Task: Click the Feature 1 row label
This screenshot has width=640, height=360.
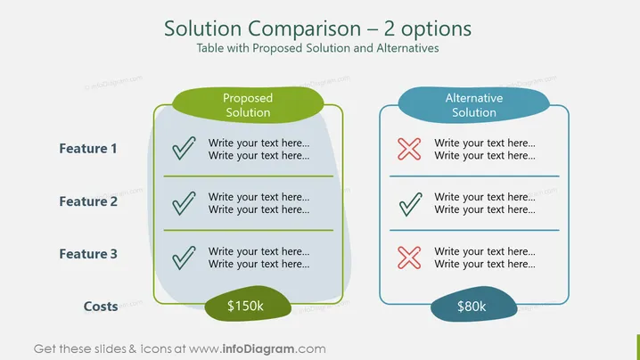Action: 88,149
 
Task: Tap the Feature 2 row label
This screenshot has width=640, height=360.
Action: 88,201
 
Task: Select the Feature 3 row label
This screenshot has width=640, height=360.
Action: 88,254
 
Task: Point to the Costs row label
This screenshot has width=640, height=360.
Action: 101,307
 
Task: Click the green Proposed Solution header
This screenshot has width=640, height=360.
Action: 248,105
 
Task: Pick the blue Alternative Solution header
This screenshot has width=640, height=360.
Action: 474,105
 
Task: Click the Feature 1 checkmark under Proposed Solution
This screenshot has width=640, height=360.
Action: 184,148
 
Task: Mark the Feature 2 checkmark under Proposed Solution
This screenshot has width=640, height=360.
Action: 184,203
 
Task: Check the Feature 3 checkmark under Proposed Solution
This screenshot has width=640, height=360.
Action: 184,258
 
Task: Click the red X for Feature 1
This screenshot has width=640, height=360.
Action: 409,149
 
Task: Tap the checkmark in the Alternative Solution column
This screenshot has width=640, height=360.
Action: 410,204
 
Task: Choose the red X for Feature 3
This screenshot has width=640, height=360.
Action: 409,258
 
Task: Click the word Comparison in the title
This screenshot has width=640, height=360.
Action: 305,29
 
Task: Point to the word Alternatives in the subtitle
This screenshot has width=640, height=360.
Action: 407,48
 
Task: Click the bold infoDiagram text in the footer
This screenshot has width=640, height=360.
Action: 258,349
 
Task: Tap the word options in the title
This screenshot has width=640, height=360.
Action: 437,29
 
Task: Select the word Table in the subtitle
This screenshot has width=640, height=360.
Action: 210,48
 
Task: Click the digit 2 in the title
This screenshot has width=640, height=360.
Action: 390,29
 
